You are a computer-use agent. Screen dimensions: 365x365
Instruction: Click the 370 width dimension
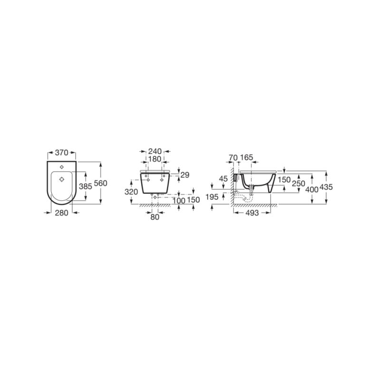62,153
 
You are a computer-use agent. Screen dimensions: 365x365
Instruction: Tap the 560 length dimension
101,183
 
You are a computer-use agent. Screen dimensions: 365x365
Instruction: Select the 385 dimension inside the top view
86,186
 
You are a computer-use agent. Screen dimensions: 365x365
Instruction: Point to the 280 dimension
62,213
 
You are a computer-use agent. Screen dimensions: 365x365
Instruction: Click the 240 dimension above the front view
155,151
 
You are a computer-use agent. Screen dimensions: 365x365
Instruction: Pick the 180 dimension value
155,159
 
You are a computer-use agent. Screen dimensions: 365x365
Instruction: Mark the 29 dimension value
185,175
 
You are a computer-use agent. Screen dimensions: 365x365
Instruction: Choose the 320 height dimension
131,192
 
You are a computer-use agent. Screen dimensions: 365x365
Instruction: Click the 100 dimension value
179,200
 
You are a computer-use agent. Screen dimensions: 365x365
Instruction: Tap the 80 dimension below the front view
155,217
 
